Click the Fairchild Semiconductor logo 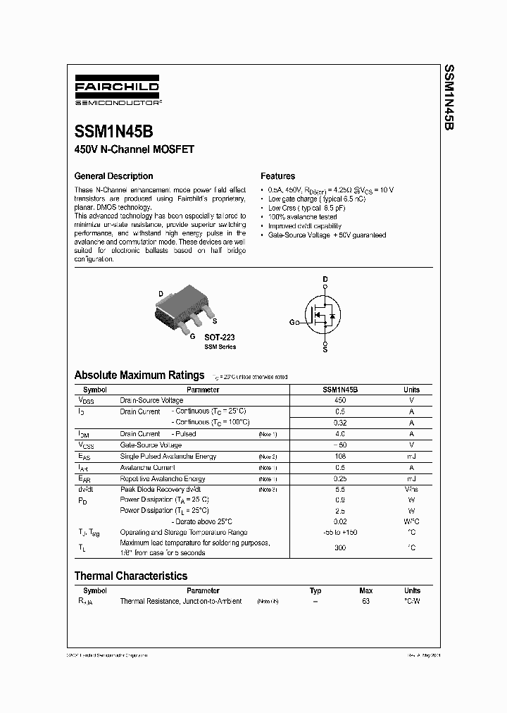coord(117,93)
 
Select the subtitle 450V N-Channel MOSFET coord(134,149)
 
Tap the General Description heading coord(113,176)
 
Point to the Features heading coord(277,176)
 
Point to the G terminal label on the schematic coord(292,322)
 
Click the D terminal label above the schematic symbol coord(325,280)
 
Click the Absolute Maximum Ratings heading coord(139,376)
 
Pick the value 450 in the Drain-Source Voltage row coord(340,400)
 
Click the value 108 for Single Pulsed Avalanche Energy coord(340,457)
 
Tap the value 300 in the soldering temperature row coord(340,547)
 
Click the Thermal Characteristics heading coord(131,576)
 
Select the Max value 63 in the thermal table coord(366,602)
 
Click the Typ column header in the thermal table coord(315,590)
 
